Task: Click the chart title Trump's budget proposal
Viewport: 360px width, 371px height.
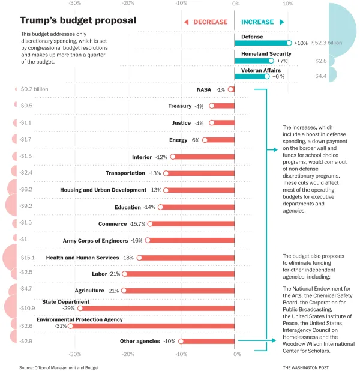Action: [x=78, y=21]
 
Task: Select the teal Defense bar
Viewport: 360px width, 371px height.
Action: [x=261, y=43]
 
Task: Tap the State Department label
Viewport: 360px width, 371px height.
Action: [x=65, y=301]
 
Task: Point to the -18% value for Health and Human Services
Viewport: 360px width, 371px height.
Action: [x=128, y=258]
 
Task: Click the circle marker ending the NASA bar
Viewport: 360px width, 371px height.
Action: [x=231, y=89]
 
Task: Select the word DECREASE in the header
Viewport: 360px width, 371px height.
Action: [x=210, y=22]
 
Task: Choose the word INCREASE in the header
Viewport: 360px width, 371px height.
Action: [x=257, y=22]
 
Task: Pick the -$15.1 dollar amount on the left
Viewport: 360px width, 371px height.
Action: [x=27, y=258]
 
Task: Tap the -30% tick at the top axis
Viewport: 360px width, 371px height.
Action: [x=75, y=4]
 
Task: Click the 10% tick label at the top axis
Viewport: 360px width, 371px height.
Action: [x=287, y=4]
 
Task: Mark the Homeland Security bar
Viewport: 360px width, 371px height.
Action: [x=253, y=61]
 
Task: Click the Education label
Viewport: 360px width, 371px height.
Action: [x=127, y=207]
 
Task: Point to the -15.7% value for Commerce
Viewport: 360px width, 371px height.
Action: [x=137, y=224]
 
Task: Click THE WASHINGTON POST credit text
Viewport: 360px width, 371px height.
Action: [x=306, y=367]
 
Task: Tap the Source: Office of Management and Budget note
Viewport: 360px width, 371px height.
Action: [x=58, y=367]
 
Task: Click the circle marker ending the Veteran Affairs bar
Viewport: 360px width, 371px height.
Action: [x=267, y=76]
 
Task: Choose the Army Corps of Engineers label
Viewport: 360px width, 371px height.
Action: [x=95, y=241]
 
